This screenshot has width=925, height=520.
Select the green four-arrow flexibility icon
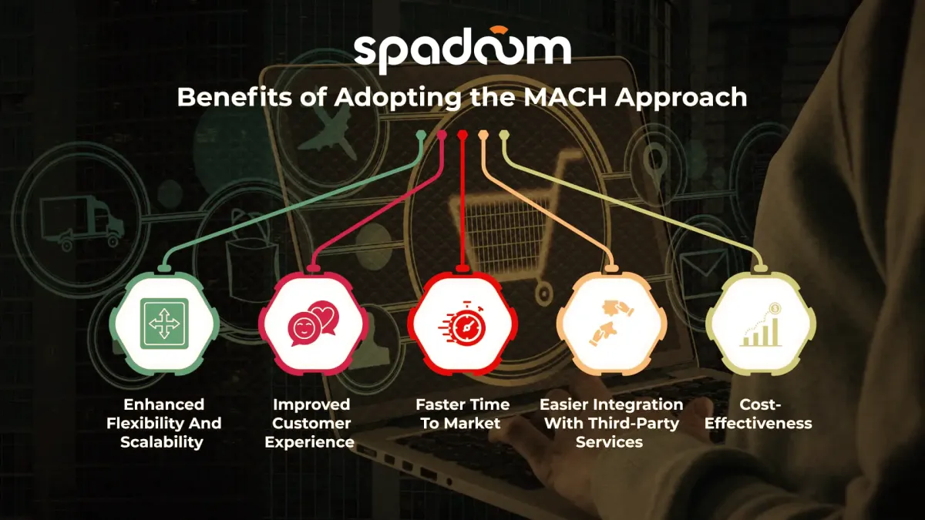tap(164, 322)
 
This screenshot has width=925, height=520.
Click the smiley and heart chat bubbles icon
tap(312, 323)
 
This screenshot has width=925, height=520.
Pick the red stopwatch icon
tap(462, 323)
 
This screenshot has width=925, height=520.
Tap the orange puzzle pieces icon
tap(610, 323)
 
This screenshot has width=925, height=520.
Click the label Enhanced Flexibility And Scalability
tap(164, 423)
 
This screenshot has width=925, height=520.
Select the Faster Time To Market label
tap(462, 414)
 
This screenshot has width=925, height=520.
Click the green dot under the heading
tap(421, 135)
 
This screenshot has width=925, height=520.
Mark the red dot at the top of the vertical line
tap(462, 136)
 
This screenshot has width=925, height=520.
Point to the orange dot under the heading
tap(483, 136)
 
